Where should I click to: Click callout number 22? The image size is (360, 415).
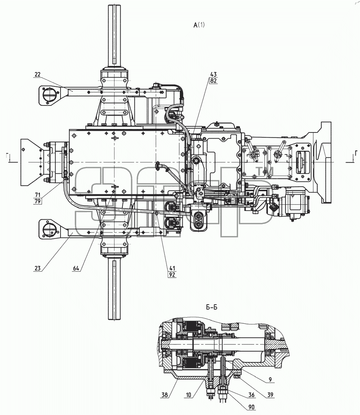point(37,75)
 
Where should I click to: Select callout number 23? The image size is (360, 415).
point(37,268)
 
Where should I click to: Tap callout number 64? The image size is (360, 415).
point(76,268)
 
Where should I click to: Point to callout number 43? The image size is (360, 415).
point(214,74)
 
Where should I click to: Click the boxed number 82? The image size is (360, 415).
point(214,81)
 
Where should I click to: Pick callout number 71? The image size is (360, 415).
point(37,195)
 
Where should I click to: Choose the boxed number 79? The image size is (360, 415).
point(37,201)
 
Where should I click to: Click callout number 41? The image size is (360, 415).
point(172,268)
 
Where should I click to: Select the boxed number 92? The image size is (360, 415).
point(172,275)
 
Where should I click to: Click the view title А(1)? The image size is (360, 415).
point(199,25)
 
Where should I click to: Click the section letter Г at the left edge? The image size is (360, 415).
point(8,156)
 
